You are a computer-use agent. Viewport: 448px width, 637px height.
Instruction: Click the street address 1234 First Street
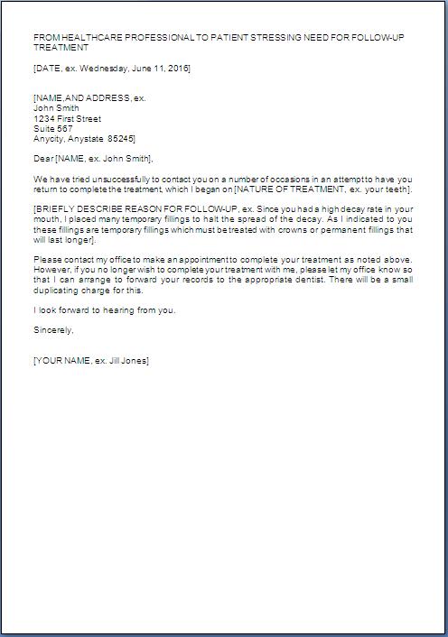pos(67,118)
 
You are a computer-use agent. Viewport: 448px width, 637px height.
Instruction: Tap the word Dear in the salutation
pos(42,158)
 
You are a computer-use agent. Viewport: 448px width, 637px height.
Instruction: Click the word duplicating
pos(59,291)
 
